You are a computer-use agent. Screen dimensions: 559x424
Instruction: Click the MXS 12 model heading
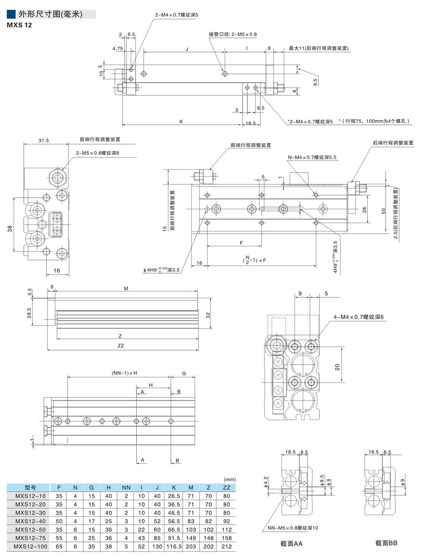[x=19, y=25]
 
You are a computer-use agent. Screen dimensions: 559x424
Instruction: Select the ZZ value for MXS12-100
[x=226, y=546]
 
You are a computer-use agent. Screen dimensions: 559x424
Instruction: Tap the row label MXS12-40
[x=30, y=521]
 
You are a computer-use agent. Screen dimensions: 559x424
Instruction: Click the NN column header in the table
[x=126, y=487]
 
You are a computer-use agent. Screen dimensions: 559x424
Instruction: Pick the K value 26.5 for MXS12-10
[x=174, y=496]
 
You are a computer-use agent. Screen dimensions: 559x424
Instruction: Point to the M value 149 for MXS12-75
[x=191, y=538]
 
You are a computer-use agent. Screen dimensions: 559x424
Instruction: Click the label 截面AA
[x=291, y=543]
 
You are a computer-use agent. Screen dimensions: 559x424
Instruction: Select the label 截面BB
[x=386, y=543]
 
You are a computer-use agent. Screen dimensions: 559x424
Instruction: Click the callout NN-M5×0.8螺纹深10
[x=293, y=528]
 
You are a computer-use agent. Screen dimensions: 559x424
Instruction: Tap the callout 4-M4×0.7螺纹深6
[x=358, y=317]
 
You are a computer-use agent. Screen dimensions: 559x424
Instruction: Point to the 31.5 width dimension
[x=44, y=140]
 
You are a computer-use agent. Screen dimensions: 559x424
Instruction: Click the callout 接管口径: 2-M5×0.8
[x=232, y=34]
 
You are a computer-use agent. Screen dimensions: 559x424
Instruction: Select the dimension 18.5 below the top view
[x=250, y=123]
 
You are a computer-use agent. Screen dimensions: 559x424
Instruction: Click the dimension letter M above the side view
[x=126, y=288]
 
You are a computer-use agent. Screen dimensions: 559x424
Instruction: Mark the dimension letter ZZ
[x=121, y=346]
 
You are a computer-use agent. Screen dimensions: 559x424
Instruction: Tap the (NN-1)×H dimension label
[x=124, y=373]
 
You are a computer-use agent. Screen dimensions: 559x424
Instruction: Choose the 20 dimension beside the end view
[x=337, y=367]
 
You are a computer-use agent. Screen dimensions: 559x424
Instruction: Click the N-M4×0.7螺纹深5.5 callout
[x=312, y=157]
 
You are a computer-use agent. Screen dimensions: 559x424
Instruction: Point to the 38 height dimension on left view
[x=10, y=228]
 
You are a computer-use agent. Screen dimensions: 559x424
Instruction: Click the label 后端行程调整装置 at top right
[x=393, y=143]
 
